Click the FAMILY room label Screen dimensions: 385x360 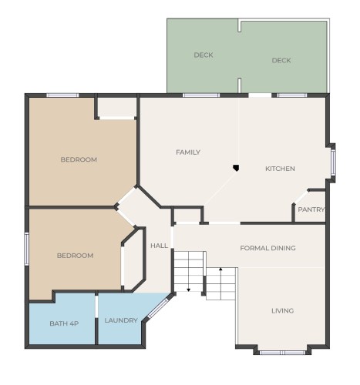pyautogui.click(x=188, y=152)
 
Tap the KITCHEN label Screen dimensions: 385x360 pyautogui.click(x=280, y=169)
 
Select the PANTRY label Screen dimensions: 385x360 pyautogui.click(x=311, y=209)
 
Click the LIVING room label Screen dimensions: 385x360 pyautogui.click(x=282, y=311)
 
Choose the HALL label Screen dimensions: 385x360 pyautogui.click(x=160, y=246)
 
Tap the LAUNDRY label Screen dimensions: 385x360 pyautogui.click(x=121, y=320)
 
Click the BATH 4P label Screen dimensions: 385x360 pyautogui.click(x=64, y=323)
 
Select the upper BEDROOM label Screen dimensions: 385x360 pyautogui.click(x=79, y=159)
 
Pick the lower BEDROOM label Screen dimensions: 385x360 pyautogui.click(x=75, y=256)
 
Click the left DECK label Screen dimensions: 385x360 pyautogui.click(x=204, y=55)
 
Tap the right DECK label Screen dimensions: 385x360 pyautogui.click(x=281, y=60)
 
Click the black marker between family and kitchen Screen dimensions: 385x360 pyautogui.click(x=236, y=166)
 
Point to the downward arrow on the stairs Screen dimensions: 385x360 pyautogui.click(x=188, y=290)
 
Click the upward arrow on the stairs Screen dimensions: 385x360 pyautogui.click(x=220, y=269)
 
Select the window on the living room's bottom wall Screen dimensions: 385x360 pyautogui.click(x=281, y=352)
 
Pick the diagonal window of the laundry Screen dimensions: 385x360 pyautogui.click(x=158, y=308)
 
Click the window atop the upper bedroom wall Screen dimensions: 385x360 pyautogui.click(x=62, y=95)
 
